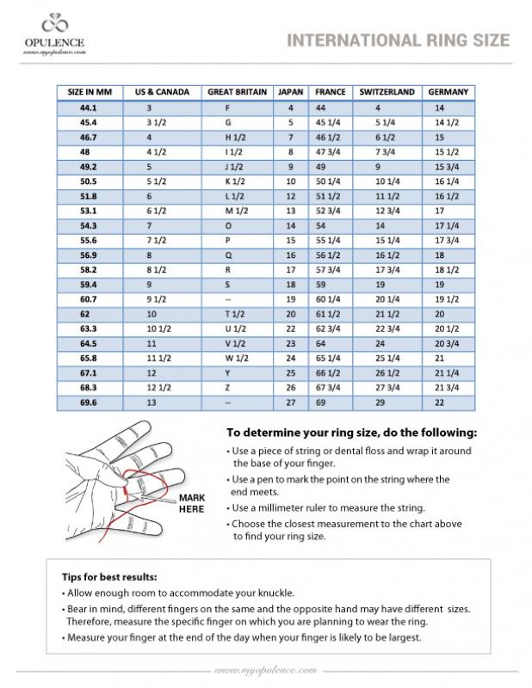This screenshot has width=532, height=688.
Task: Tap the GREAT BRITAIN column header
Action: coord(237,91)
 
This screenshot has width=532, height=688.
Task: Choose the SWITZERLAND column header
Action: coord(387,91)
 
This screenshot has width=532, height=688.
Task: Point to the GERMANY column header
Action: coord(448,91)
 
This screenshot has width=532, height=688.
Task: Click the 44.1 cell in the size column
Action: coord(88,108)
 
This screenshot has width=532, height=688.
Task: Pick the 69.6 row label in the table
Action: coord(88,402)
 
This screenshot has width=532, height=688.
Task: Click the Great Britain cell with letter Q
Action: coord(228,255)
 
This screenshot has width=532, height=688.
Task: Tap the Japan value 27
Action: coord(290,402)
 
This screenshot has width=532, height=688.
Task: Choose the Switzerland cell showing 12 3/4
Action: coord(388,211)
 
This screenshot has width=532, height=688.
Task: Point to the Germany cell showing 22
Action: coord(440,402)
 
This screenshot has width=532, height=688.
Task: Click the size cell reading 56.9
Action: coord(88,255)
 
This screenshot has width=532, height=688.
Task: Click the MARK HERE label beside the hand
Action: coord(192,503)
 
